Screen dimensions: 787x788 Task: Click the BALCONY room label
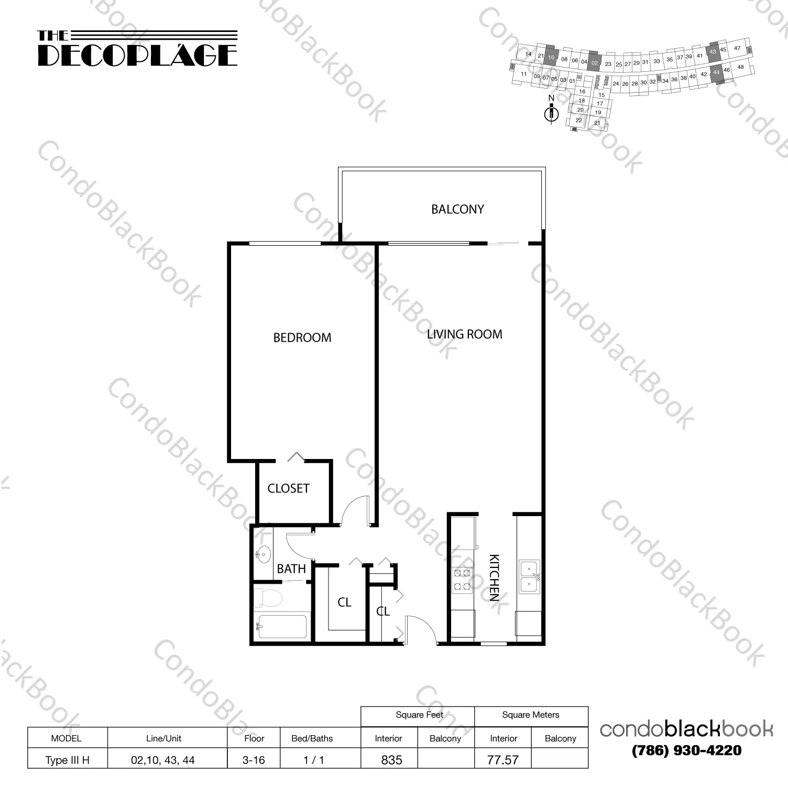pos(457,209)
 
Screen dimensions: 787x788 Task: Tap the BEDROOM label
pos(302,337)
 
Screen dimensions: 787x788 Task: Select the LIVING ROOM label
pos(464,334)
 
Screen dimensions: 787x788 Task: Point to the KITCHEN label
pos(494,577)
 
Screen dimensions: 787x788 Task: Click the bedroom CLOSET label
pos(288,488)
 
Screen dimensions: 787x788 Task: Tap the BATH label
pos(291,569)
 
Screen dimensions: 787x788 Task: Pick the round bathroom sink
pos(263,553)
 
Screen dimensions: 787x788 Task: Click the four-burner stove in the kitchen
pos(463,580)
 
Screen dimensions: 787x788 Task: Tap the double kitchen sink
pos(529,576)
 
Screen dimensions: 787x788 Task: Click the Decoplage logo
pos(137,49)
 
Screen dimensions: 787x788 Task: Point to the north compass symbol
pos(551,112)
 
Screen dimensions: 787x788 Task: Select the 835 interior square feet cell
pos(391,760)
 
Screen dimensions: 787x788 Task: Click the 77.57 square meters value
pos(502,760)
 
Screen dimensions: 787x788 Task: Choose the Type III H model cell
pos(67,760)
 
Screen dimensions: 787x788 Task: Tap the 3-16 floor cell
pos(254,760)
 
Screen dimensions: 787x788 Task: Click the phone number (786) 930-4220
pos(686,750)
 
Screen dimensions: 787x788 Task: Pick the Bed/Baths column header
pos(312,738)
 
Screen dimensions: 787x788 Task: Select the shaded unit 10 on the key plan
pos(551,57)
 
